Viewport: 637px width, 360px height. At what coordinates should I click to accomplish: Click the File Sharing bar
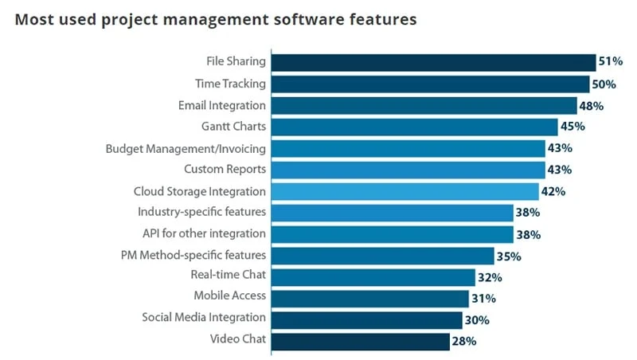[x=433, y=62]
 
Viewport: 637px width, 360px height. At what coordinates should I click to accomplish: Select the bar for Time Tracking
[x=430, y=84]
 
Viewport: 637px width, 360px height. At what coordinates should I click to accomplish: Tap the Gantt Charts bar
[x=414, y=127]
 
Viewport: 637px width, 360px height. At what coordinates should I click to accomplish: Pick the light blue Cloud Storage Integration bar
[x=404, y=191]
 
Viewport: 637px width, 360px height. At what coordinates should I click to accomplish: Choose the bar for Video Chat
[x=360, y=341]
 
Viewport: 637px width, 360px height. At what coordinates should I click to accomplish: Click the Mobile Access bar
[x=369, y=298]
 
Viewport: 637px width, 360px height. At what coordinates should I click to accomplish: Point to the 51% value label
[x=610, y=63]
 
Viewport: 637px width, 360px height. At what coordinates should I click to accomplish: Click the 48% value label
[x=591, y=106]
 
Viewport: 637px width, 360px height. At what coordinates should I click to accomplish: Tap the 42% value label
[x=553, y=191]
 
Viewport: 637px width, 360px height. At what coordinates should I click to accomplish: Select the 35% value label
[x=508, y=256]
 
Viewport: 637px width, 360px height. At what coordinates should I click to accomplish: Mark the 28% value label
[x=463, y=342]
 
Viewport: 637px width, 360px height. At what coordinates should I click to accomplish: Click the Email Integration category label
[x=222, y=105]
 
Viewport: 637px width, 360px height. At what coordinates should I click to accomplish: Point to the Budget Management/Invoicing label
[x=186, y=148]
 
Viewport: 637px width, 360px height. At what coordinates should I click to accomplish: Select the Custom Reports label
[x=225, y=170]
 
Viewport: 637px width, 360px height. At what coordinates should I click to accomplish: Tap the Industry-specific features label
[x=201, y=213]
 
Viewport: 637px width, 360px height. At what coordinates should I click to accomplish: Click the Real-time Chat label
[x=228, y=276]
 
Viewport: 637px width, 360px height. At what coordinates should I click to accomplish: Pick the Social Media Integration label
[x=204, y=318]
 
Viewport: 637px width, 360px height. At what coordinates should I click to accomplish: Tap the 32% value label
[x=489, y=277]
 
